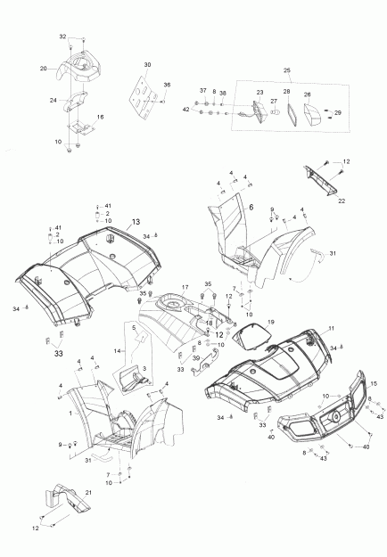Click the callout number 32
(x=63, y=36)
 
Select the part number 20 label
(x=43, y=68)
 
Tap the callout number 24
(x=53, y=100)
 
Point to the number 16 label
(x=100, y=117)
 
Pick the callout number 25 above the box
(x=285, y=70)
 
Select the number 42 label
(x=186, y=110)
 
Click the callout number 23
(x=259, y=93)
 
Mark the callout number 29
(x=336, y=113)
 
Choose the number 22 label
(x=342, y=201)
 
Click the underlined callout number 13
(x=136, y=221)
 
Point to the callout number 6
(x=251, y=206)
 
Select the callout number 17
(x=185, y=287)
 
